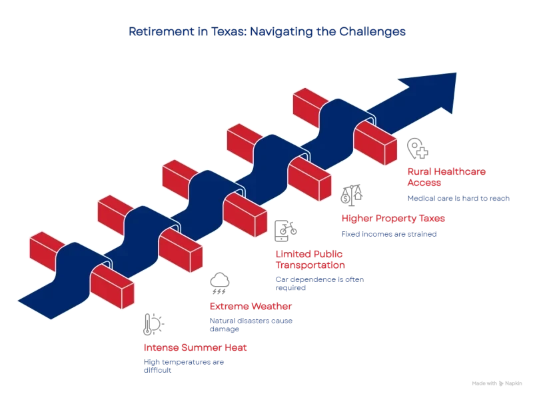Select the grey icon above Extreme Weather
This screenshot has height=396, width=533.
[219, 285]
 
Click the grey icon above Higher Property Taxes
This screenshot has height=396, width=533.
[350, 194]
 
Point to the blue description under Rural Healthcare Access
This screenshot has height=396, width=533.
[458, 197]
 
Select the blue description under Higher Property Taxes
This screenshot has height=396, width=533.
[389, 234]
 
